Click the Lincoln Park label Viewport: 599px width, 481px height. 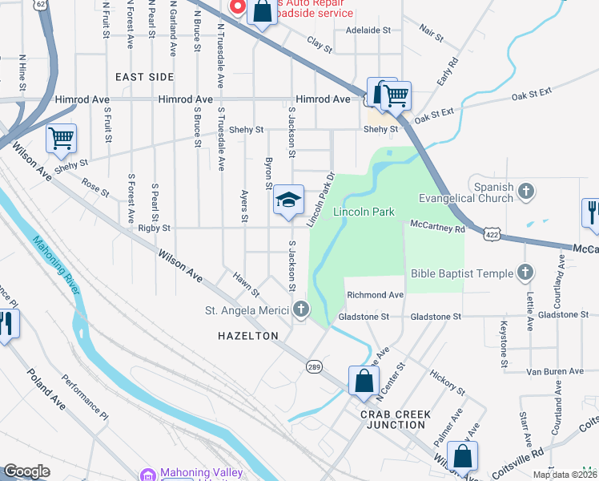point(364,212)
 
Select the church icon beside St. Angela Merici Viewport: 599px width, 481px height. point(300,309)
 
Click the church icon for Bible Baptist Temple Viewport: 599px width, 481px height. point(525,273)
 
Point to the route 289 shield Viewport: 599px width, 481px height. point(314,366)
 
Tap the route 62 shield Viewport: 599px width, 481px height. point(40,4)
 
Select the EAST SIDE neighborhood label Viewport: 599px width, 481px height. point(144,77)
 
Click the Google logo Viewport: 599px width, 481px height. point(26,471)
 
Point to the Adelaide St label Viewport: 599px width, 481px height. point(367,30)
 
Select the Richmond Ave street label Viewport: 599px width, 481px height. point(375,295)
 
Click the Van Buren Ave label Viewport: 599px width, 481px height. point(555,371)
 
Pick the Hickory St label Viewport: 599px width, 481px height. point(448,382)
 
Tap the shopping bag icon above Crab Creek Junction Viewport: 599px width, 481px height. point(364,381)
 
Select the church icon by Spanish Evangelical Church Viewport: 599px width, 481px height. point(525,191)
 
